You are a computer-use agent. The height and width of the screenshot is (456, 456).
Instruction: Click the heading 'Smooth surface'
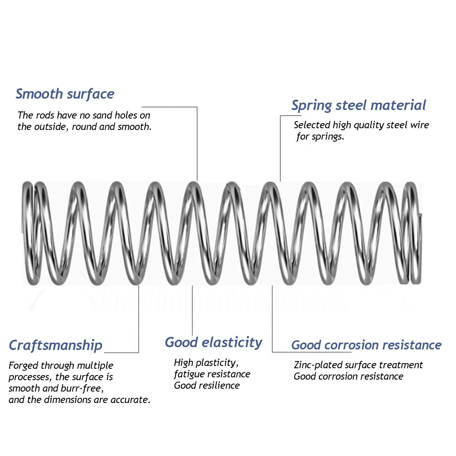[x=65, y=94]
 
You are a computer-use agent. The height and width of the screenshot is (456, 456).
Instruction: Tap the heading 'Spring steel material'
[x=359, y=105]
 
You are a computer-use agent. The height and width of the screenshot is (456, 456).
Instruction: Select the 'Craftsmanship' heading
[x=56, y=345]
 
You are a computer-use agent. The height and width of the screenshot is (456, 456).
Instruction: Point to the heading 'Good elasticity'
[x=213, y=342]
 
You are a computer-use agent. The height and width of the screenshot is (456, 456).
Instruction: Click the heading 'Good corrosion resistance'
[x=366, y=345]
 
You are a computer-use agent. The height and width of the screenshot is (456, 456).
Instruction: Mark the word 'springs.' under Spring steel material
[x=328, y=137]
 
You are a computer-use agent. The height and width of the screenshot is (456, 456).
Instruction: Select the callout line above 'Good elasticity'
[x=192, y=311]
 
